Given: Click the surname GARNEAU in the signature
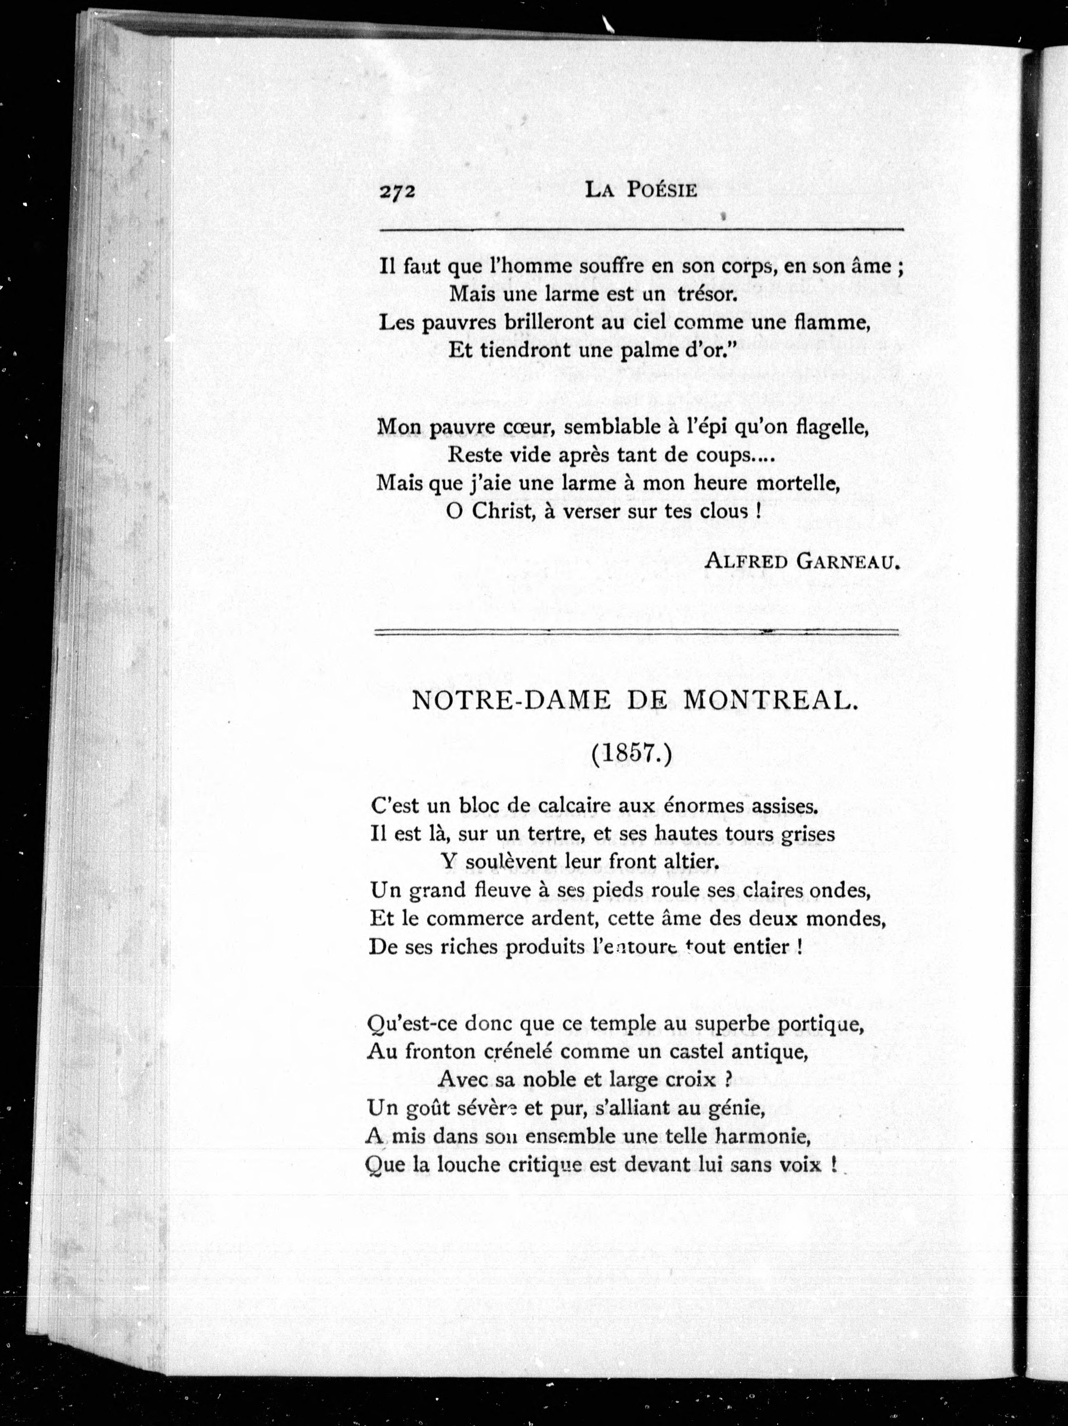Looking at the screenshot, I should (x=848, y=562).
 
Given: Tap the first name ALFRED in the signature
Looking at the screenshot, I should (x=746, y=562).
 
